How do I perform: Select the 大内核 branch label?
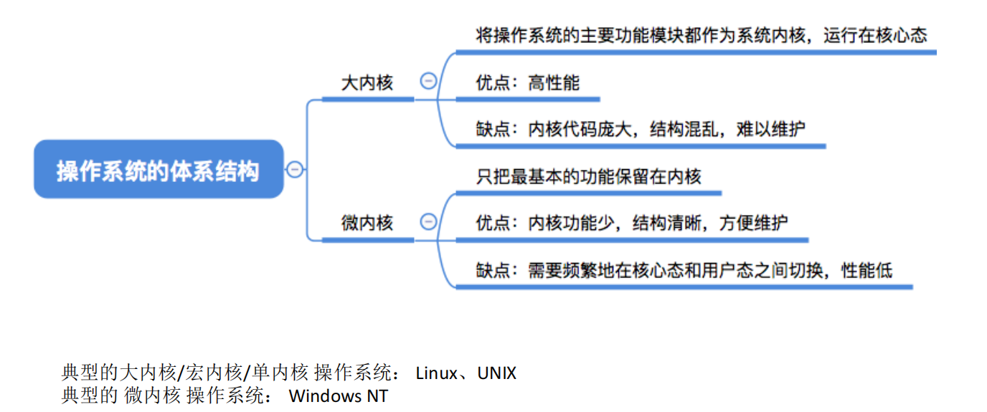coord(367,83)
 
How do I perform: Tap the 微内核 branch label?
coord(367,222)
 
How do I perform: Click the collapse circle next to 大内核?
coord(428,82)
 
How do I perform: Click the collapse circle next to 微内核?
coord(428,221)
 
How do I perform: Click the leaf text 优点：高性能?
coord(527,83)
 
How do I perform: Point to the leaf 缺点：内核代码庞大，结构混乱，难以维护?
coord(641,130)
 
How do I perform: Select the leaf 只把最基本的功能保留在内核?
coord(588,176)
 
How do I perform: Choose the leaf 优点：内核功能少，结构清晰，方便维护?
coord(632,223)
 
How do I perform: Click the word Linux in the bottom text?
coord(436,373)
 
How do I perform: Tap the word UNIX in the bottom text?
coord(496,373)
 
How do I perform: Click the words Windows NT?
coord(339,396)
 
